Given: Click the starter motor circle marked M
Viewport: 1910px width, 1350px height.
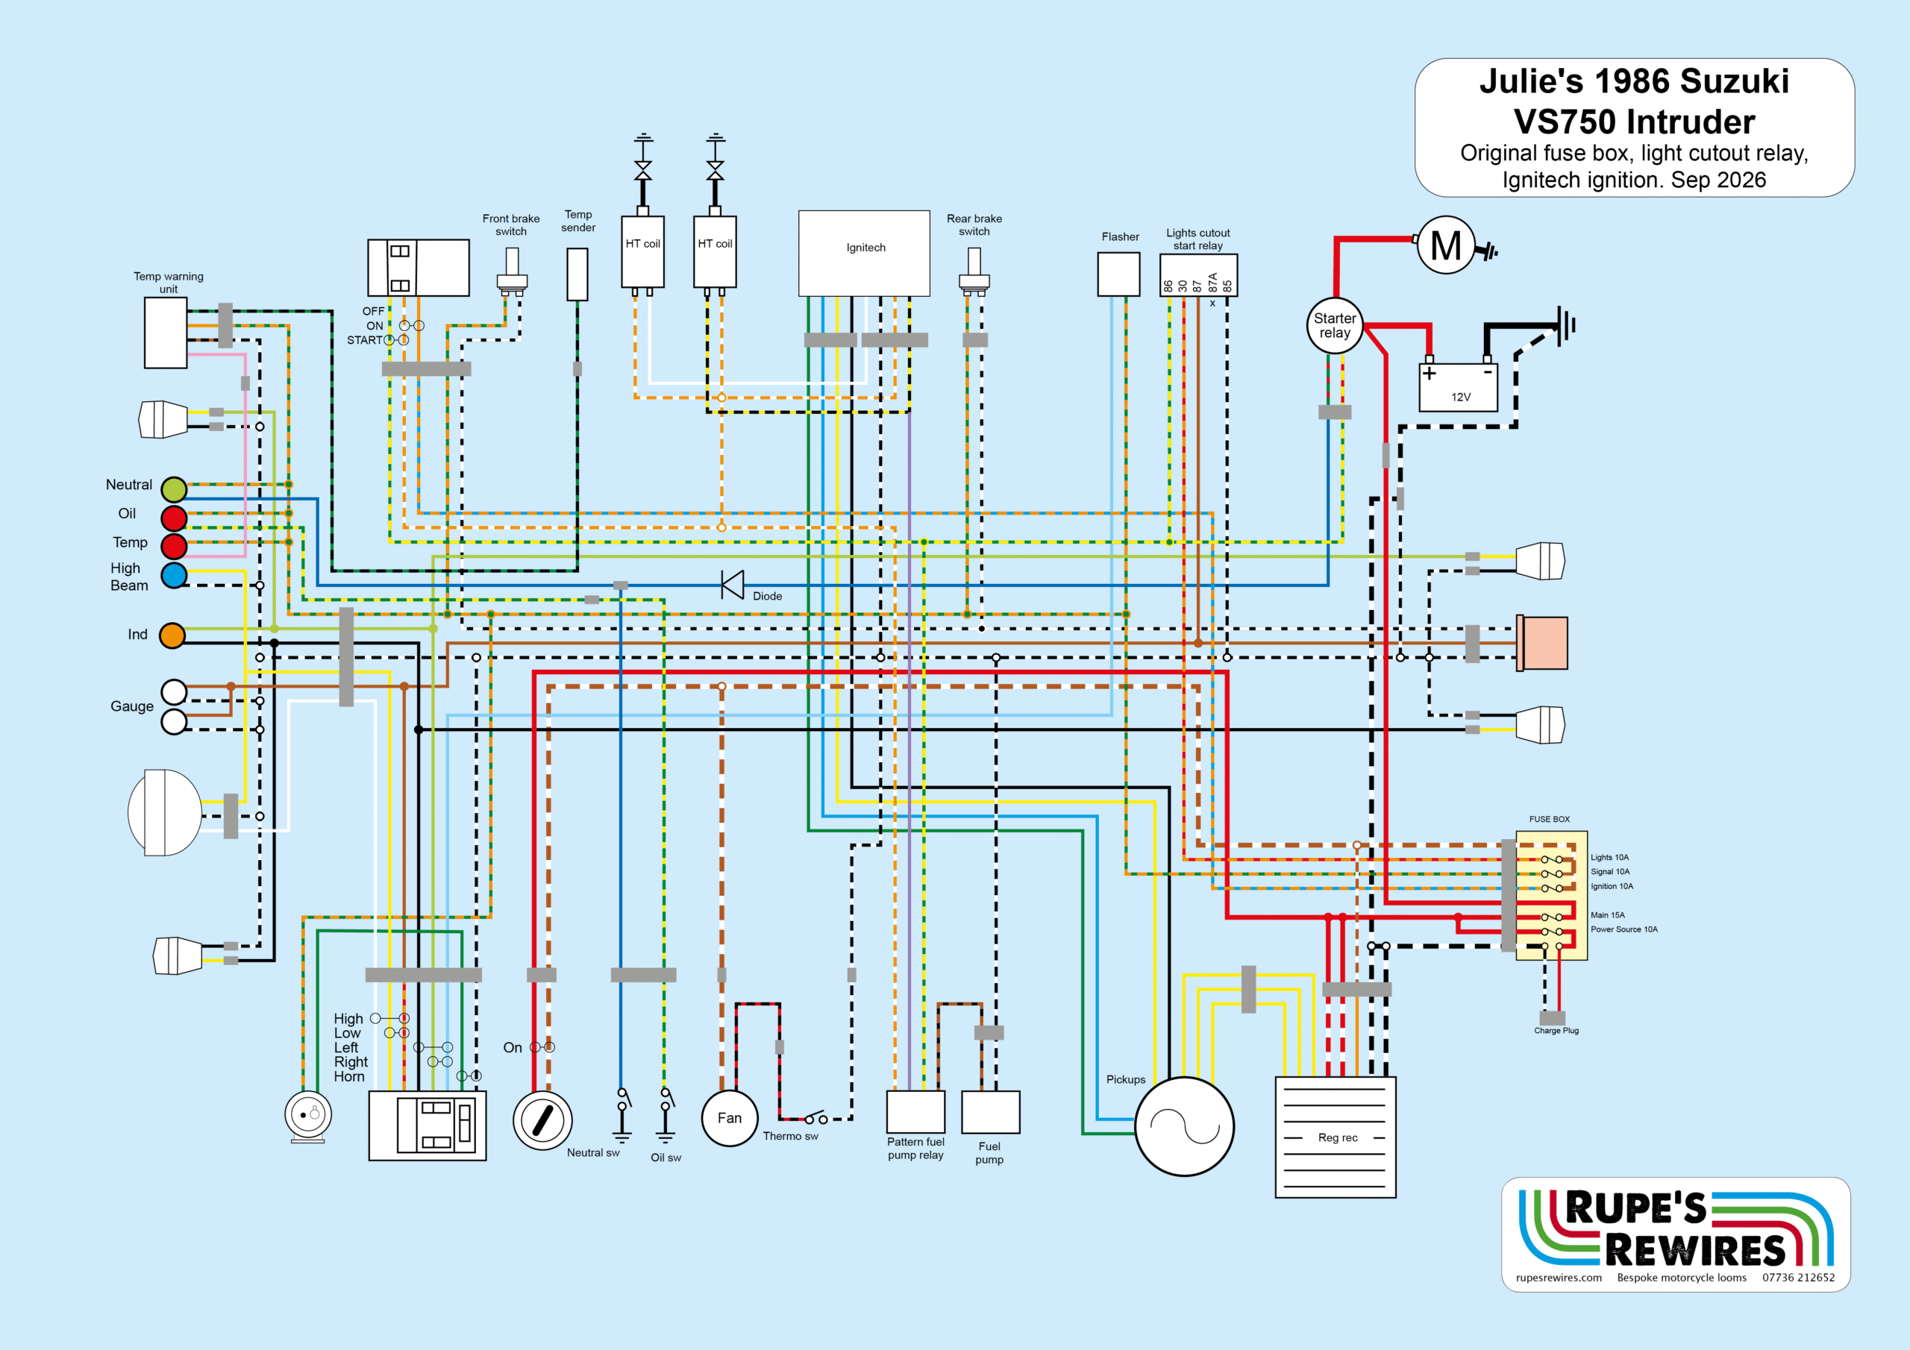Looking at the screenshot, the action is click(1446, 245).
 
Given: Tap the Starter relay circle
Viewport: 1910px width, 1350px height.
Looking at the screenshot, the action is click(1334, 325).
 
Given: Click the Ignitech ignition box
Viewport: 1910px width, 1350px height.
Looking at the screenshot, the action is click(864, 253).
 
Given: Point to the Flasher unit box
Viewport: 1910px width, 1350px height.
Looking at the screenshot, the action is click(1119, 274).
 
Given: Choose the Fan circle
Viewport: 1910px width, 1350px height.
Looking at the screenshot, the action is click(730, 1118).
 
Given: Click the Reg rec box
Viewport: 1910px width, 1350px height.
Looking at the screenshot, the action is click(1336, 1137).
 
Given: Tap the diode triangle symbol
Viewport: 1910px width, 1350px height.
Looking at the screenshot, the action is click(733, 585).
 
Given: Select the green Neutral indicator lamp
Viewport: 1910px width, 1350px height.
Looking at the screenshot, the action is click(174, 489).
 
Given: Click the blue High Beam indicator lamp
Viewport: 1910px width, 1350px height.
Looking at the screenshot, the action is click(174, 576).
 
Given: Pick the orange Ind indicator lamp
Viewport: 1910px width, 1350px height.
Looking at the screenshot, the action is click(172, 635).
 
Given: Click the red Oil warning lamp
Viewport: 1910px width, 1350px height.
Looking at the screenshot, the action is click(174, 518).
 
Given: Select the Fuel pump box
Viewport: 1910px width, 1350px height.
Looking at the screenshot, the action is click(991, 1111).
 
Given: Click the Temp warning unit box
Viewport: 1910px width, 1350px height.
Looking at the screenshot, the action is click(166, 333).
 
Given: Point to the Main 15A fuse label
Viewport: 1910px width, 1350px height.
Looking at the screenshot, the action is click(1607, 915).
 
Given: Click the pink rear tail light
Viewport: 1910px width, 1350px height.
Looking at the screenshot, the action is click(1543, 643).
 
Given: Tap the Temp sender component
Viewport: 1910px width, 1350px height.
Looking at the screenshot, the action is click(577, 274).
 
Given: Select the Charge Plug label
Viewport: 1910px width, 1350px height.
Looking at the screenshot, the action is click(1556, 1031).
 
